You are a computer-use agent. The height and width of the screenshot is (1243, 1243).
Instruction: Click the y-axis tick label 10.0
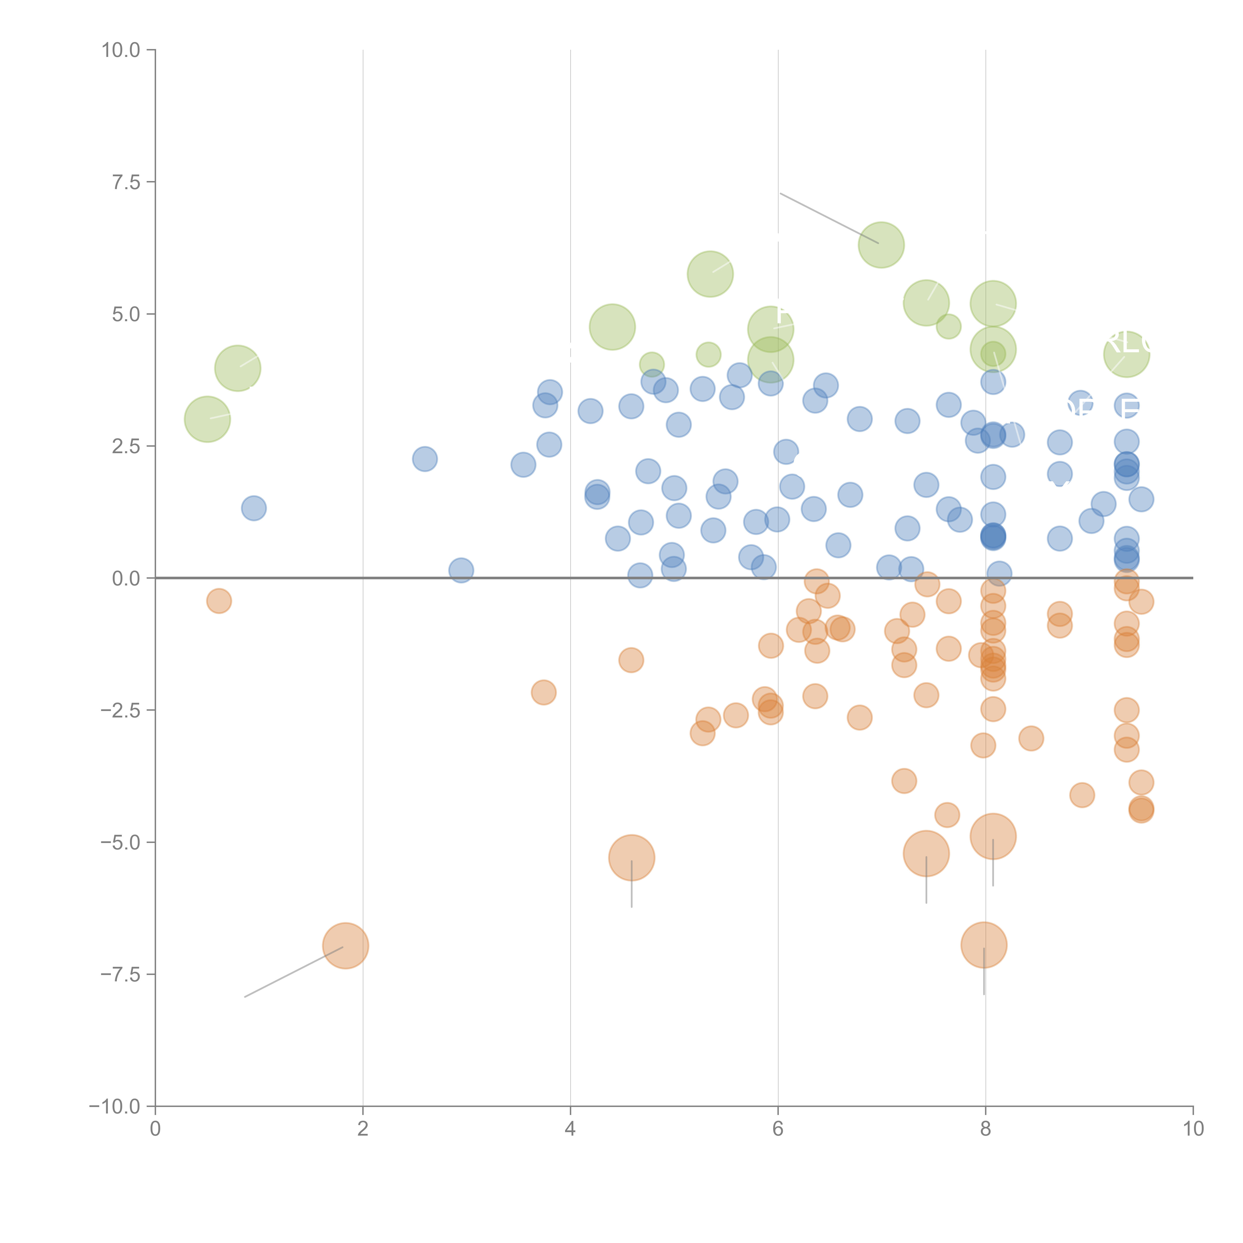pos(120,50)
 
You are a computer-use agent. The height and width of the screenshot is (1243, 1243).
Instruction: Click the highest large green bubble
pos(881,244)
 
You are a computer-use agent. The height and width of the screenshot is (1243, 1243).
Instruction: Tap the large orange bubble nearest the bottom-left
pos(346,946)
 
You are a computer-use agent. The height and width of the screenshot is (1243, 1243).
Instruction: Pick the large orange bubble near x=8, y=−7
pos(984,944)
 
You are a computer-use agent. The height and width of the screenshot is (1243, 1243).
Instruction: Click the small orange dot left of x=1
pos(219,601)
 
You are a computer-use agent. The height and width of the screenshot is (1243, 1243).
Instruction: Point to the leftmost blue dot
pos(254,508)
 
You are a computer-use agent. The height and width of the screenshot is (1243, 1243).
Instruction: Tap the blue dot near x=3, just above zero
pos(461,570)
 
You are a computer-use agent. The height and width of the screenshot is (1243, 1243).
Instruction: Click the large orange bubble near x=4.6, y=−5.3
pos(631,858)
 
